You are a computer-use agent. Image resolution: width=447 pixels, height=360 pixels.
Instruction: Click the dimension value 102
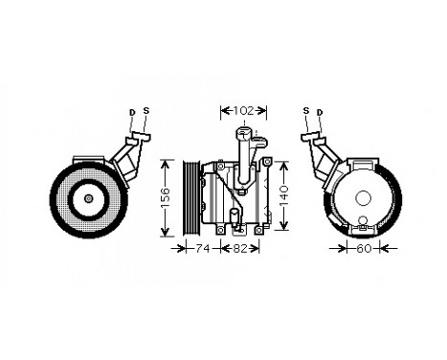tap(244, 111)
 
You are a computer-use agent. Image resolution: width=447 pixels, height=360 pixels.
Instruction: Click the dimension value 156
tap(165, 196)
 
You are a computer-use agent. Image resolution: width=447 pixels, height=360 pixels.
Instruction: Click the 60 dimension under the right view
tap(363, 249)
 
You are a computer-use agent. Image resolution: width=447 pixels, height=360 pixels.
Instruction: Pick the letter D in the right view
tap(320, 113)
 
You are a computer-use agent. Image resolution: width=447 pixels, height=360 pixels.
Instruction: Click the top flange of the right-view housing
tap(362, 164)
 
